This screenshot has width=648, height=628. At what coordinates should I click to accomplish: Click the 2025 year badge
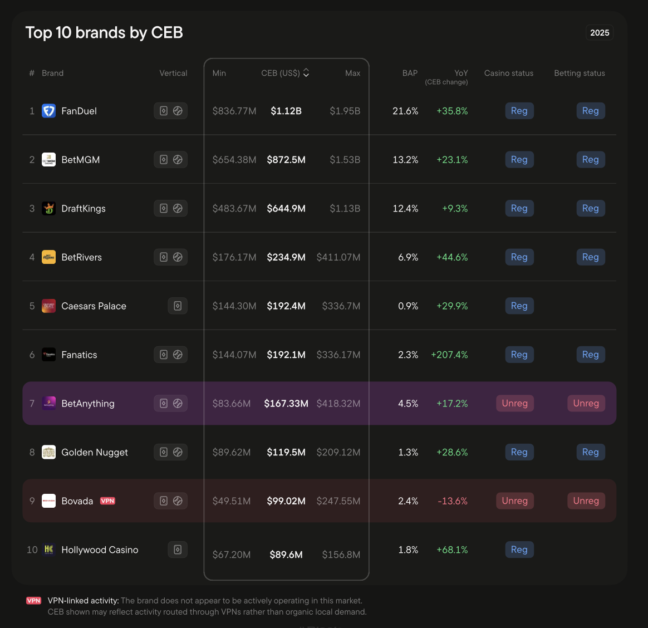coord(599,33)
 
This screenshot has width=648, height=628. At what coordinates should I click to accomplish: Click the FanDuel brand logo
coord(49,111)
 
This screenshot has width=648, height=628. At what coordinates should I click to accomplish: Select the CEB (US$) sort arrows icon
coord(306,73)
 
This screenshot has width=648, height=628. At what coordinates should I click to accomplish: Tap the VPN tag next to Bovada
coord(107,501)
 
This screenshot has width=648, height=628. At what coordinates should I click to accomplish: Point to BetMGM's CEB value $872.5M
coord(286,159)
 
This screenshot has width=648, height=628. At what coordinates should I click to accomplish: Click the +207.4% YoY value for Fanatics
coord(449,355)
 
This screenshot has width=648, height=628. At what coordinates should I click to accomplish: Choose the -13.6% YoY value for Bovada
coord(453,501)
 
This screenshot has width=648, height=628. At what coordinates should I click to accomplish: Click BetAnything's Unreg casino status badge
coord(515,403)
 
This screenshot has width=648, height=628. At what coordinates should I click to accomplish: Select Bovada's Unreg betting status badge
coord(586,501)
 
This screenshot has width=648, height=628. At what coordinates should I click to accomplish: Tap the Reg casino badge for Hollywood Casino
coord(519,549)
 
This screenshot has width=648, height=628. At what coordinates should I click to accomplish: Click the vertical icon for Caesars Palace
coord(178,306)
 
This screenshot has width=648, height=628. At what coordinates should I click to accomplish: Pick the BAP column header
coord(410,73)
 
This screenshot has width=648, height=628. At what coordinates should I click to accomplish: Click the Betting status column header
coord(580,73)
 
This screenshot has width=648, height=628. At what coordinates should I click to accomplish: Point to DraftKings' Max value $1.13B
coord(345,208)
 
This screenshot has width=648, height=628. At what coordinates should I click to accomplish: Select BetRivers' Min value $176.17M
coord(234,257)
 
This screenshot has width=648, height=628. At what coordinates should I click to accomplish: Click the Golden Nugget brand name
coord(95,453)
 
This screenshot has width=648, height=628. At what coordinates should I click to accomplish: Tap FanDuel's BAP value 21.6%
coord(405,111)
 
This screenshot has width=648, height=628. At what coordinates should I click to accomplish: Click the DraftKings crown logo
coord(49,208)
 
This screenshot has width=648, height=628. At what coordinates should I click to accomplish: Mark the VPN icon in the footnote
coord(33,601)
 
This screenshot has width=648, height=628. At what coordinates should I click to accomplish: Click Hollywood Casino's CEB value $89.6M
coord(286,555)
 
